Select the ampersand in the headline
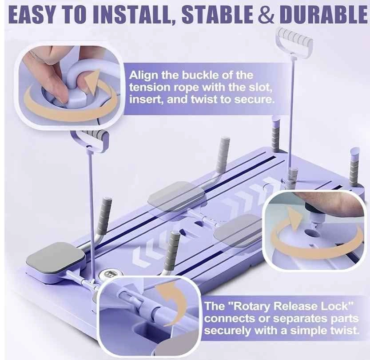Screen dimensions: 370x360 [x=267, y=15]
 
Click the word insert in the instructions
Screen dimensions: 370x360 [x=145, y=100]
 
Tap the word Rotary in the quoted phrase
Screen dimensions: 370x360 [x=251, y=306]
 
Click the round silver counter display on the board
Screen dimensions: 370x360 [x=110, y=275]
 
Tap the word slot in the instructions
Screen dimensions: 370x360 [x=259, y=88]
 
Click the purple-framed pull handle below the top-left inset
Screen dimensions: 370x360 [x=89, y=141]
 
